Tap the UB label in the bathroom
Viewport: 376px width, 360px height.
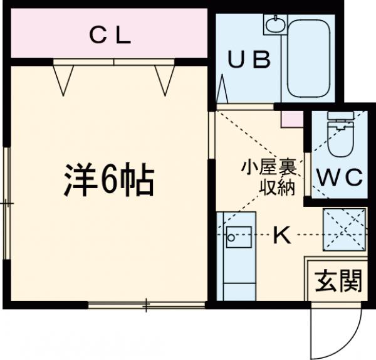tap(248, 60)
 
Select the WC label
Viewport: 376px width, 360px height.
tap(338, 177)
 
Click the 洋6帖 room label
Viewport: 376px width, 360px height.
tap(108, 181)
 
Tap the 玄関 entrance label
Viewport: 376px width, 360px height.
tap(338, 281)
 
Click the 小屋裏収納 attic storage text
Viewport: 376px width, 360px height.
tap(269, 177)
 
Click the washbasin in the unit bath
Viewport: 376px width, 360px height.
tap(274, 25)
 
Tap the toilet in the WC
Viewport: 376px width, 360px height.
tap(339, 138)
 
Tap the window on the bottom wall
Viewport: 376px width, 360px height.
tap(146, 305)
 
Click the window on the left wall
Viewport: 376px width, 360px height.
tap(7, 204)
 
